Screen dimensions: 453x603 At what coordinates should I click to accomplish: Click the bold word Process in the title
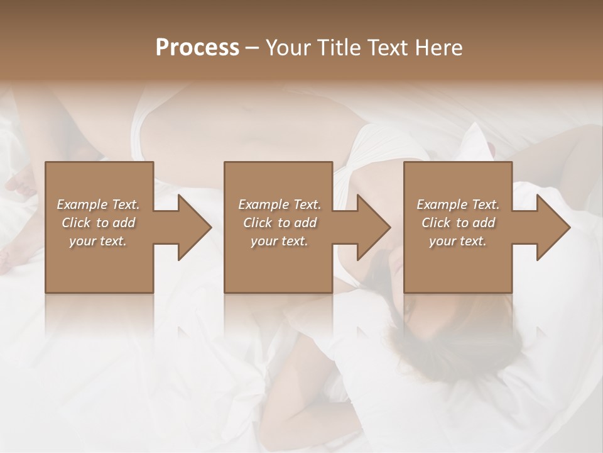[x=197, y=47]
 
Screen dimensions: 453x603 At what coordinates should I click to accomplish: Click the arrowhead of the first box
[x=192, y=227]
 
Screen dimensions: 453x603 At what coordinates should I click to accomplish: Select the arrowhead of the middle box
[x=371, y=227]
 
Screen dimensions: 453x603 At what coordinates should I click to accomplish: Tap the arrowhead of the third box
[x=550, y=227]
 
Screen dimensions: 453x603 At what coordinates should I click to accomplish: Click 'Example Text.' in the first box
[x=98, y=204]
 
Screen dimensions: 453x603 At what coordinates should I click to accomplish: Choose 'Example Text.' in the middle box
[x=280, y=204]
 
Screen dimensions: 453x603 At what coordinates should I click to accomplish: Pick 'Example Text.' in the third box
[x=458, y=204]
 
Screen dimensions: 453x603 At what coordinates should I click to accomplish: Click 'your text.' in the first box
[x=98, y=241]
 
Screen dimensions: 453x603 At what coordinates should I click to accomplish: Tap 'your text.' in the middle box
[x=280, y=241]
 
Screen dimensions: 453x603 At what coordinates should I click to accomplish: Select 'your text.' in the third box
[x=458, y=241]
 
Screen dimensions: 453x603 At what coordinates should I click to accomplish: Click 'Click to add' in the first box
[x=98, y=223]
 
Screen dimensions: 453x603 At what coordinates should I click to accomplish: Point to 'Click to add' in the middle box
[x=280, y=223]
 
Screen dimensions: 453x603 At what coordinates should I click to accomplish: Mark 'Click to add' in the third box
[x=458, y=223]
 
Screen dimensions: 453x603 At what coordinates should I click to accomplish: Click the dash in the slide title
[x=252, y=48]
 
